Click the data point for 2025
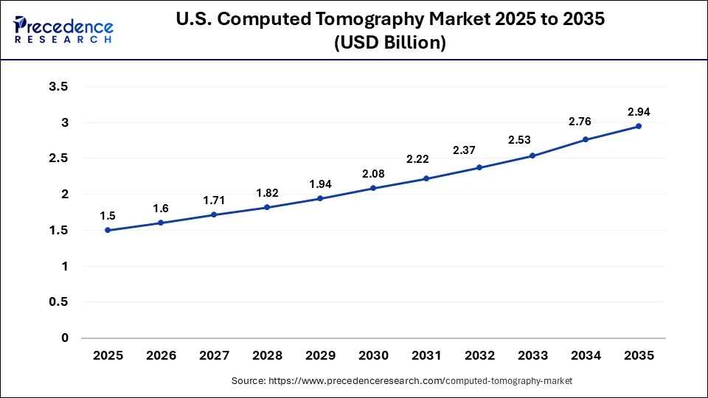(108, 230)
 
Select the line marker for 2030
(373, 188)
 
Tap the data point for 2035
(639, 126)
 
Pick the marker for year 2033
(532, 156)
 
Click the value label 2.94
(639, 112)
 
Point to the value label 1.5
(108, 216)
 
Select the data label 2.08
(373, 174)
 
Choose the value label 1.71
(214, 200)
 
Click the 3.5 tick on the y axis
(58, 87)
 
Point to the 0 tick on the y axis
(64, 338)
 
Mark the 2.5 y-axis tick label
(58, 158)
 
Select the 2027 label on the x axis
(214, 355)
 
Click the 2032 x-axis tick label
(479, 355)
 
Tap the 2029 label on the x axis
(320, 355)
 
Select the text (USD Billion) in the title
(390, 43)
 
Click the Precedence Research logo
(63, 30)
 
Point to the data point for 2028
(267, 207)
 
